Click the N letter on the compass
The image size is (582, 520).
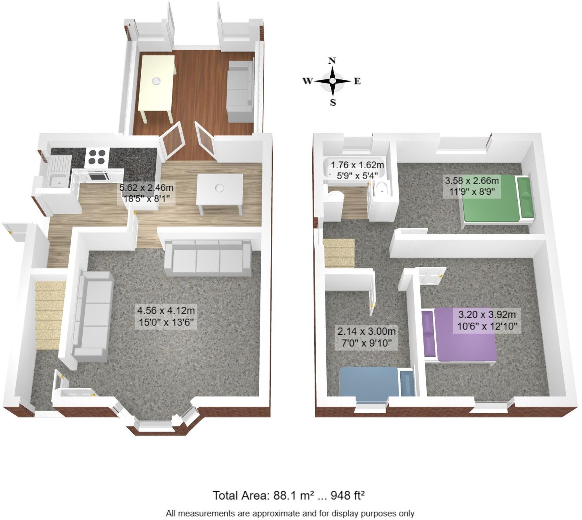coord(332,61)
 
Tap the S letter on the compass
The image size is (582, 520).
coord(333,103)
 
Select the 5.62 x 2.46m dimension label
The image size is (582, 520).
coord(146,193)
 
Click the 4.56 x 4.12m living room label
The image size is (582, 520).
coord(166,316)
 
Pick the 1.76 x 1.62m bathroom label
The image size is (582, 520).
coord(357,170)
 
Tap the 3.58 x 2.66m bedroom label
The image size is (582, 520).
coord(471,186)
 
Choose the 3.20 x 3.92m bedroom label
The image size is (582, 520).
coord(487,320)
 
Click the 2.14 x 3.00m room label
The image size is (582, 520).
coord(366,337)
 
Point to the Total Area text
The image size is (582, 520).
coord(288,495)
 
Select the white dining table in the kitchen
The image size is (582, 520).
coord(220,191)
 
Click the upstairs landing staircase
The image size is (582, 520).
coord(339,253)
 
